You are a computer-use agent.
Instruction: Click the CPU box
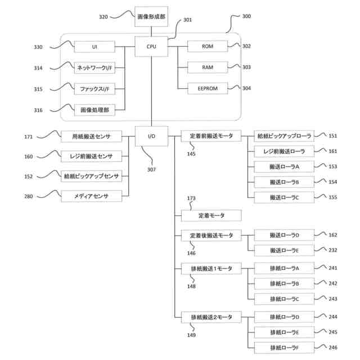[x=151, y=46]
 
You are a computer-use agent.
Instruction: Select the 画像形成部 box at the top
[x=151, y=16]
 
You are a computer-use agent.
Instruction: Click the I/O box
[x=151, y=136]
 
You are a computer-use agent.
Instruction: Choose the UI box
[x=94, y=46]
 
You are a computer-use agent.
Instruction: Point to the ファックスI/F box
[x=94, y=88]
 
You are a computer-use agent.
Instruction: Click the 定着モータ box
[x=211, y=215]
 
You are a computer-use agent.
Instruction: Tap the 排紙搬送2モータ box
[x=211, y=317]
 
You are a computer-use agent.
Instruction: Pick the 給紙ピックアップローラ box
[x=283, y=136]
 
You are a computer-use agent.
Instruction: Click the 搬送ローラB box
[x=283, y=182]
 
